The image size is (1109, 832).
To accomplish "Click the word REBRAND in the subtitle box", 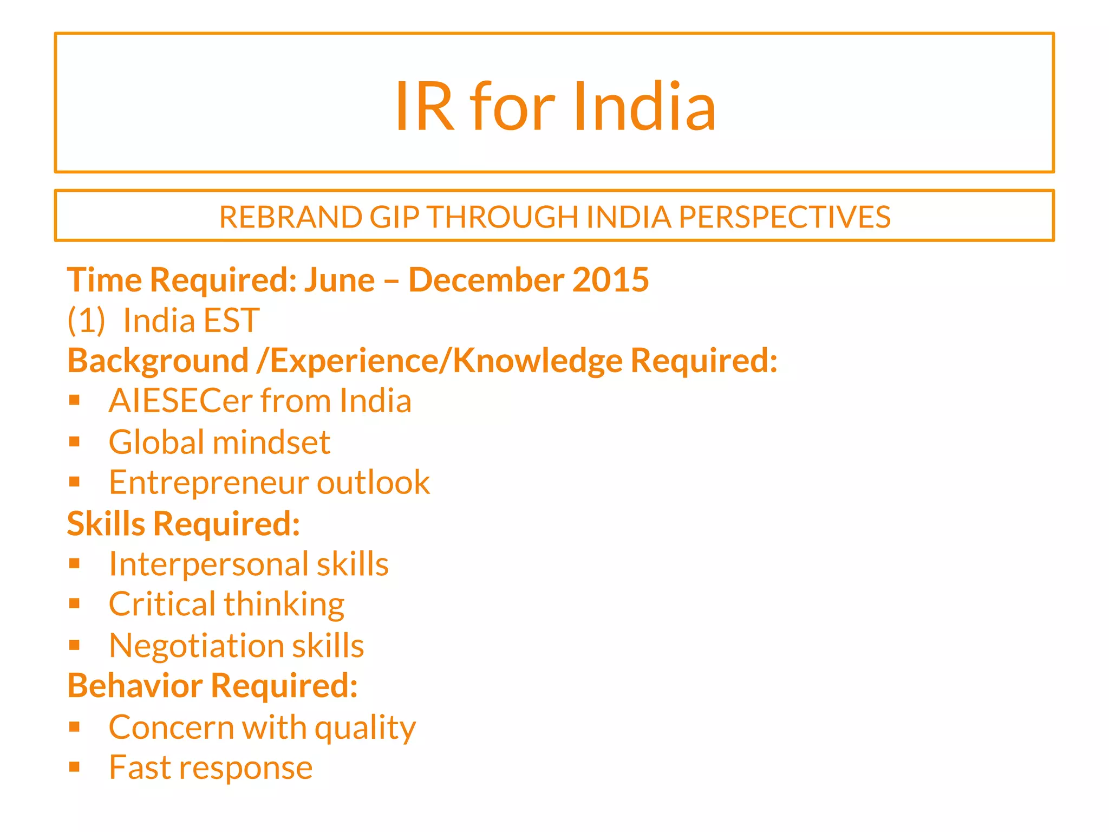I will click(x=291, y=217).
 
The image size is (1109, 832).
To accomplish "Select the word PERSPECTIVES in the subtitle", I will click(x=784, y=217).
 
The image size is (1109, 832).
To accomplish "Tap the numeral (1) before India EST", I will click(x=86, y=321).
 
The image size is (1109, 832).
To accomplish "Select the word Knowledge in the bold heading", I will click(x=537, y=361).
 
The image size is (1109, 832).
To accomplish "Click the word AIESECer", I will click(x=181, y=401).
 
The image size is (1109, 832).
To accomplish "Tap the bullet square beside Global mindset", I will click(x=75, y=442).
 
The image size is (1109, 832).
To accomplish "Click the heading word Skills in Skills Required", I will click(x=106, y=524).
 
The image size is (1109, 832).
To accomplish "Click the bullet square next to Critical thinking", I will click(x=75, y=604).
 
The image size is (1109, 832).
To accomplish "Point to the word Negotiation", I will click(x=196, y=646).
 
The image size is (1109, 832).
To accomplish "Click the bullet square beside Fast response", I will click(x=75, y=767).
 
